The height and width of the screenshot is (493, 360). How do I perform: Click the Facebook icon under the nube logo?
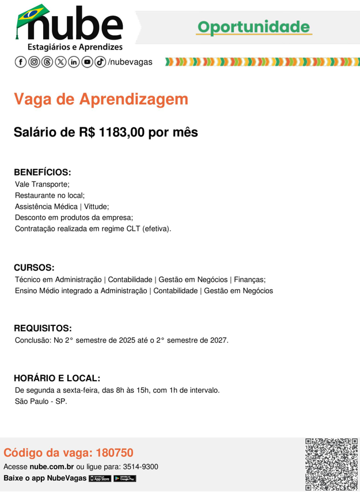click(x=21, y=62)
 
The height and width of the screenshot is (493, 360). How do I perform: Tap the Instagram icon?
click(x=34, y=62)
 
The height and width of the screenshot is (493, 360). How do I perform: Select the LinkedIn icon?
click(x=74, y=62)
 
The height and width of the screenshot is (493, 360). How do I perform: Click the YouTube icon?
click(x=87, y=62)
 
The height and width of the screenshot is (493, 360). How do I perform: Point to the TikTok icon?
click(x=100, y=62)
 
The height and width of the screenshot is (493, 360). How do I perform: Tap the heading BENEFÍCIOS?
click(x=42, y=172)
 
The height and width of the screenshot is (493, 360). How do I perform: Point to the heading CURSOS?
click(x=34, y=268)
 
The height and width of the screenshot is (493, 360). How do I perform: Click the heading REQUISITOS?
click(x=43, y=328)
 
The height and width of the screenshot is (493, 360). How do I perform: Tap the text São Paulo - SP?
click(x=41, y=401)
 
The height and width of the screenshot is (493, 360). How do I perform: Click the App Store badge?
click(x=100, y=479)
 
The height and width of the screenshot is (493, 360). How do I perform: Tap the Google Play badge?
click(x=125, y=479)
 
